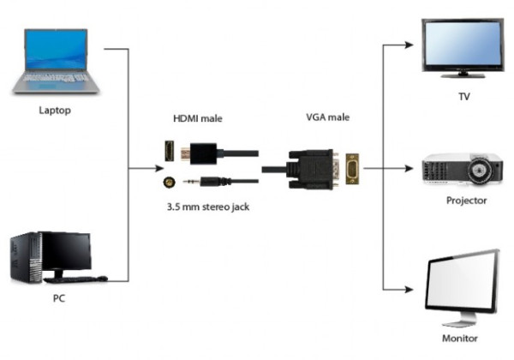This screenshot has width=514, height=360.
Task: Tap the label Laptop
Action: (55, 111)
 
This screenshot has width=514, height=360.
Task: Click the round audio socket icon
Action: (169, 182)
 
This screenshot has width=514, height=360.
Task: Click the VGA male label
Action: (328, 117)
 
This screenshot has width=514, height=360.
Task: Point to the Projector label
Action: (466, 201)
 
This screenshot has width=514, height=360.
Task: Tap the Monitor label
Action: (459, 339)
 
